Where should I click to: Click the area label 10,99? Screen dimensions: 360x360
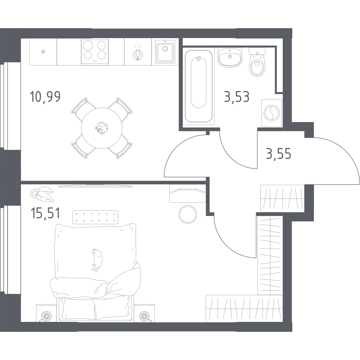45,96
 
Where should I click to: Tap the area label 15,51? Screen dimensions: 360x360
45,213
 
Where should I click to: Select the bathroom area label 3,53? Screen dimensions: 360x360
237,97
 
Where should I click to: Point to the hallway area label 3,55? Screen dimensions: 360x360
278,154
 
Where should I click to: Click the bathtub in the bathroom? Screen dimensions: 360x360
199,86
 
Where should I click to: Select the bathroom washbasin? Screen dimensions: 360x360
229,57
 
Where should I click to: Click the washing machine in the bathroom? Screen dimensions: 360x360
272,113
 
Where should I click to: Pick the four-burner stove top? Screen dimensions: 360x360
95,51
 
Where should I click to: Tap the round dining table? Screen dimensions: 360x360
102,128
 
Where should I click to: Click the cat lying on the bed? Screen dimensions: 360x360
97,260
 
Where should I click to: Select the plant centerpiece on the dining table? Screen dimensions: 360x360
102,128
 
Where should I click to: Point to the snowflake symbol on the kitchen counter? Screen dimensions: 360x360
43,52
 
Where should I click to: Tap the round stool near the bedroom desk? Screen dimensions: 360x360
188,214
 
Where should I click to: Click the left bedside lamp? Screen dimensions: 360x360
47,316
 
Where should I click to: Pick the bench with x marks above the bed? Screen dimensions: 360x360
95,217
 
